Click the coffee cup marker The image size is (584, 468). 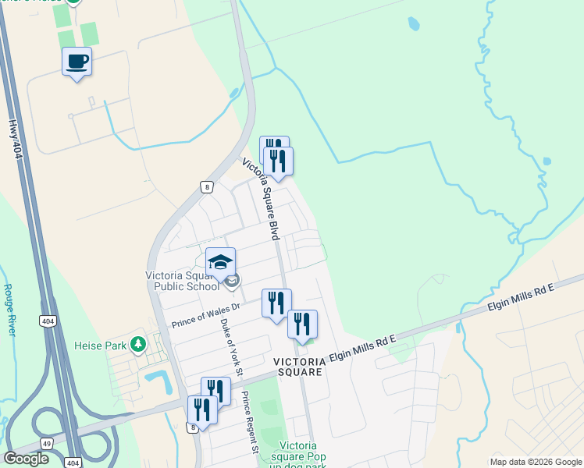tap(77, 62)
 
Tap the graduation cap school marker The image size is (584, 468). tap(220, 263)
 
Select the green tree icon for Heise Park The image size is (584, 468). tap(138, 344)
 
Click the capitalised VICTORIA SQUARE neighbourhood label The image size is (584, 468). tap(297, 367)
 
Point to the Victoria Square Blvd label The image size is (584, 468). tap(262, 196)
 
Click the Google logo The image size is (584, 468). tap(26, 459)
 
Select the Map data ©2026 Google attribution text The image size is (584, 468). tap(536, 462)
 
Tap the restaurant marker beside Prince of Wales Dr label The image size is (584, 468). tap(276, 303)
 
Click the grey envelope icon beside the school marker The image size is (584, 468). tap(233, 280)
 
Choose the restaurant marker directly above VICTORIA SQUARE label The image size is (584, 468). tap(302, 324)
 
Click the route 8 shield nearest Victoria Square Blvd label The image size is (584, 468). tap(206, 186)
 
